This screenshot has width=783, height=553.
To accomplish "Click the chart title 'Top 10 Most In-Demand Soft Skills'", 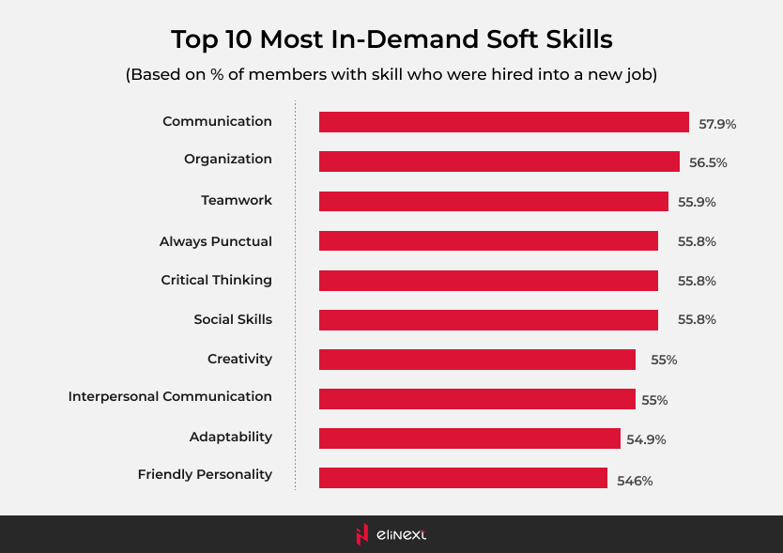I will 391,39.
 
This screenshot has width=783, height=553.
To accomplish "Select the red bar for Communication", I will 504,122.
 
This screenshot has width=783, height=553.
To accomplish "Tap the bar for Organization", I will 499,161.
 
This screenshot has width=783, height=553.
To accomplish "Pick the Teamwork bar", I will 493,201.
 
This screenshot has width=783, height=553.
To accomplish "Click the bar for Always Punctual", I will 488,241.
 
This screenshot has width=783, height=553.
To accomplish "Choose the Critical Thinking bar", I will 488,281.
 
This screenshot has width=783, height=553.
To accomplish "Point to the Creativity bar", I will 477,360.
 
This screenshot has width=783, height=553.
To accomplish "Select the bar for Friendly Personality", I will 463,478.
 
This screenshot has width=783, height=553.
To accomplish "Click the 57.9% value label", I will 717,124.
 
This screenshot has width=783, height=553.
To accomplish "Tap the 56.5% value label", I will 708,162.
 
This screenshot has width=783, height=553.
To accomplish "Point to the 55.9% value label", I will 697,202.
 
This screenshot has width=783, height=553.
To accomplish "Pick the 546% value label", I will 635,481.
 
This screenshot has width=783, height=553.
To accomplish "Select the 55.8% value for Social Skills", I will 697,320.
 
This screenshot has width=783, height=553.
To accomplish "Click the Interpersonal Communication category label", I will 170,397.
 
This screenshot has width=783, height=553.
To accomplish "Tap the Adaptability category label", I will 230,437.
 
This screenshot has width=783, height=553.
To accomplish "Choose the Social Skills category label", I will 233,319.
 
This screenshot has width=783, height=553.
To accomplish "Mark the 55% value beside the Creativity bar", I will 664,360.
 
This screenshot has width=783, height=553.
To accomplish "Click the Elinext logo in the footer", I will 391,534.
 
